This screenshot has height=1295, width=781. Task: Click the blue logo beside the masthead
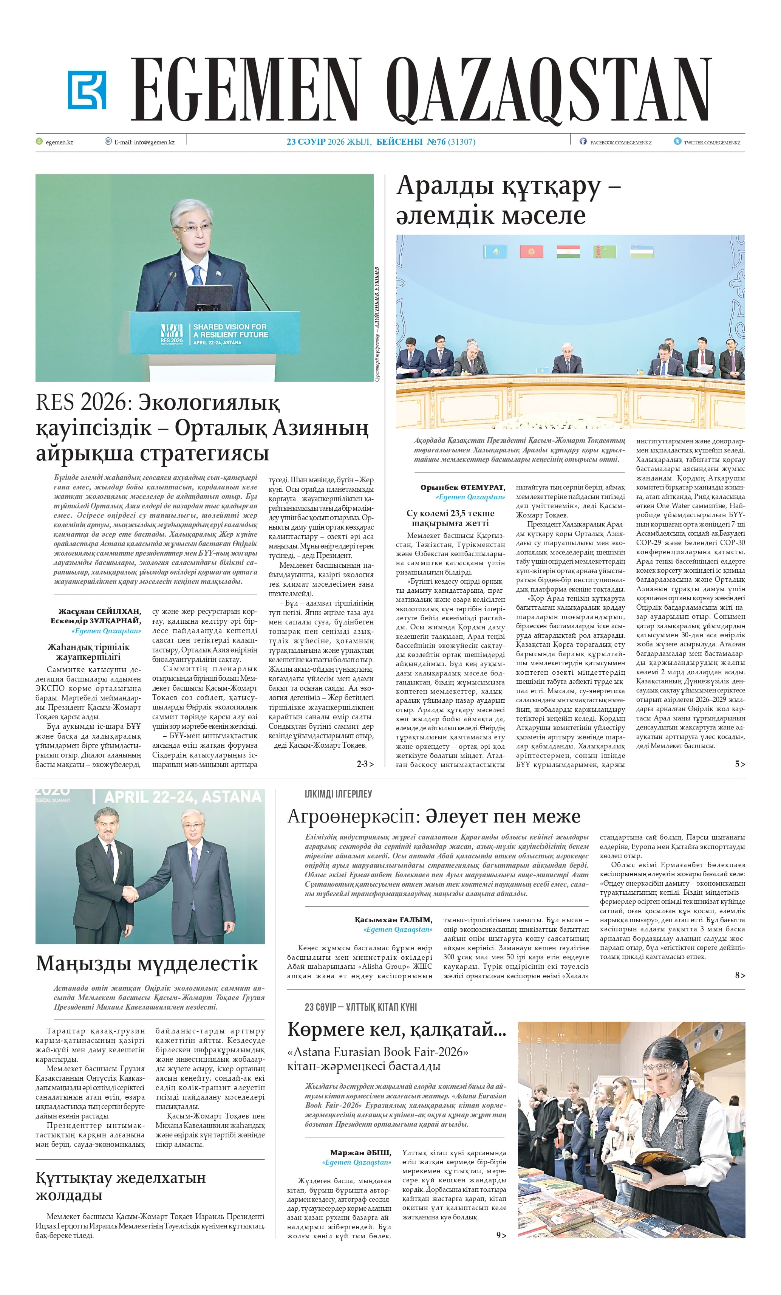pyautogui.click(x=87, y=90)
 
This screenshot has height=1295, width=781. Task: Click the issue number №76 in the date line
pyautogui.click(x=436, y=142)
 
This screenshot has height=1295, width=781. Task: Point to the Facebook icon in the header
pyautogui.click(x=583, y=141)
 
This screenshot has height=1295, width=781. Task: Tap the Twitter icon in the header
pyautogui.click(x=677, y=141)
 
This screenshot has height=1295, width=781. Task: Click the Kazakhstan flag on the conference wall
pyautogui.click(x=495, y=251)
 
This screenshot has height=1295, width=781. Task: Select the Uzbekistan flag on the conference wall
pyautogui.click(x=641, y=251)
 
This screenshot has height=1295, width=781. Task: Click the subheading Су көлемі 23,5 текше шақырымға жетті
pyautogui.click(x=450, y=518)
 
